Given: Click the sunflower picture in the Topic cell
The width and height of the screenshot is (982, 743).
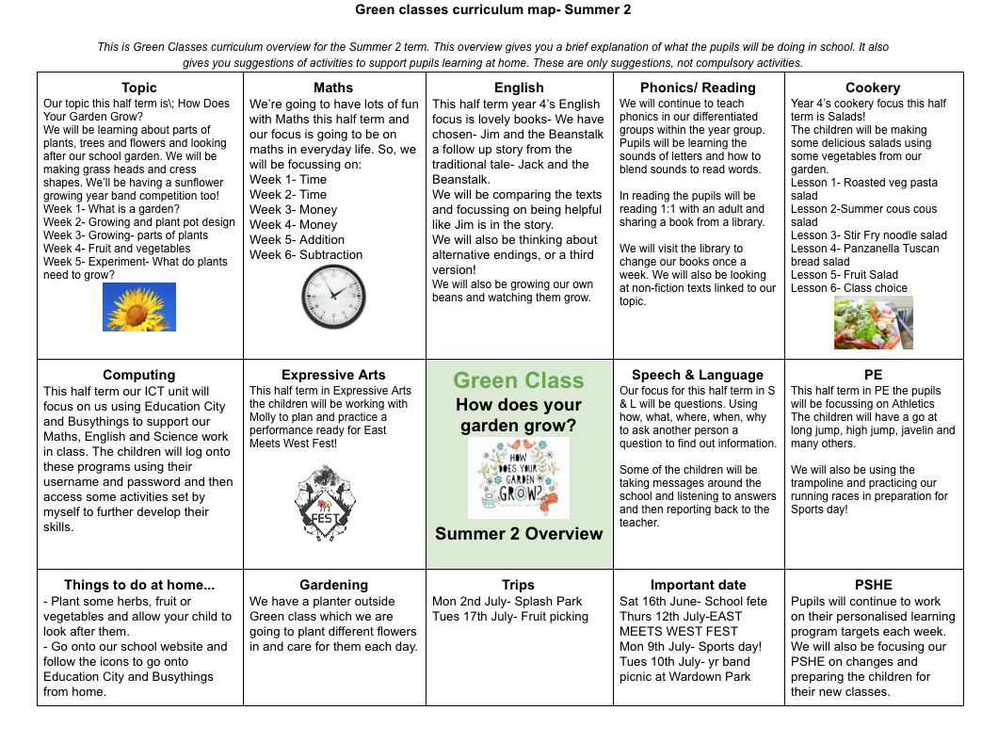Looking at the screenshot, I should click(139, 307).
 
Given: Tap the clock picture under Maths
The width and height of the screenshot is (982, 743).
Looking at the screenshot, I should click(333, 297).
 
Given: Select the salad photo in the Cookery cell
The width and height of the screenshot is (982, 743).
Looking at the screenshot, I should click(873, 322).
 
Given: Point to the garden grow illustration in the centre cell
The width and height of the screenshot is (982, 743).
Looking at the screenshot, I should click(519, 477).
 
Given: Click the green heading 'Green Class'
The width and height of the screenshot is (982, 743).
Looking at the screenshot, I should click(519, 380).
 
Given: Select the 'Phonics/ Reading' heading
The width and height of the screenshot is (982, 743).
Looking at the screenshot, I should click(698, 88).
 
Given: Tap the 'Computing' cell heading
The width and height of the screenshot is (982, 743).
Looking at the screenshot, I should click(139, 375).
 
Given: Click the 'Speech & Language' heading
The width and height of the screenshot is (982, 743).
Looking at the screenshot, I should click(698, 375).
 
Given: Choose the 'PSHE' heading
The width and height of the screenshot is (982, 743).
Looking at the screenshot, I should click(873, 585).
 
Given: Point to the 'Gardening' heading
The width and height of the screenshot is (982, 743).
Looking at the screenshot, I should click(333, 585).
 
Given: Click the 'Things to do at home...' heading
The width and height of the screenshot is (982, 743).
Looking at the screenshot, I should click(139, 585).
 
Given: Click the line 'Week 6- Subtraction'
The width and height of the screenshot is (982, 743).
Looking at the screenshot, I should click(306, 254).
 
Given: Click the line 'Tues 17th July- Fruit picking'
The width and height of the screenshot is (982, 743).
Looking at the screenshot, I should click(510, 616).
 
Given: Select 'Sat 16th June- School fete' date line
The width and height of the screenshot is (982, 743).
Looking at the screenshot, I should click(693, 601).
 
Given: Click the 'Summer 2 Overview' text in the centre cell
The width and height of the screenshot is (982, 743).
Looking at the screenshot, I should click(519, 534).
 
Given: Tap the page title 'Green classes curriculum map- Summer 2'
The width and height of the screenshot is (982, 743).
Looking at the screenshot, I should click(492, 10).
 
